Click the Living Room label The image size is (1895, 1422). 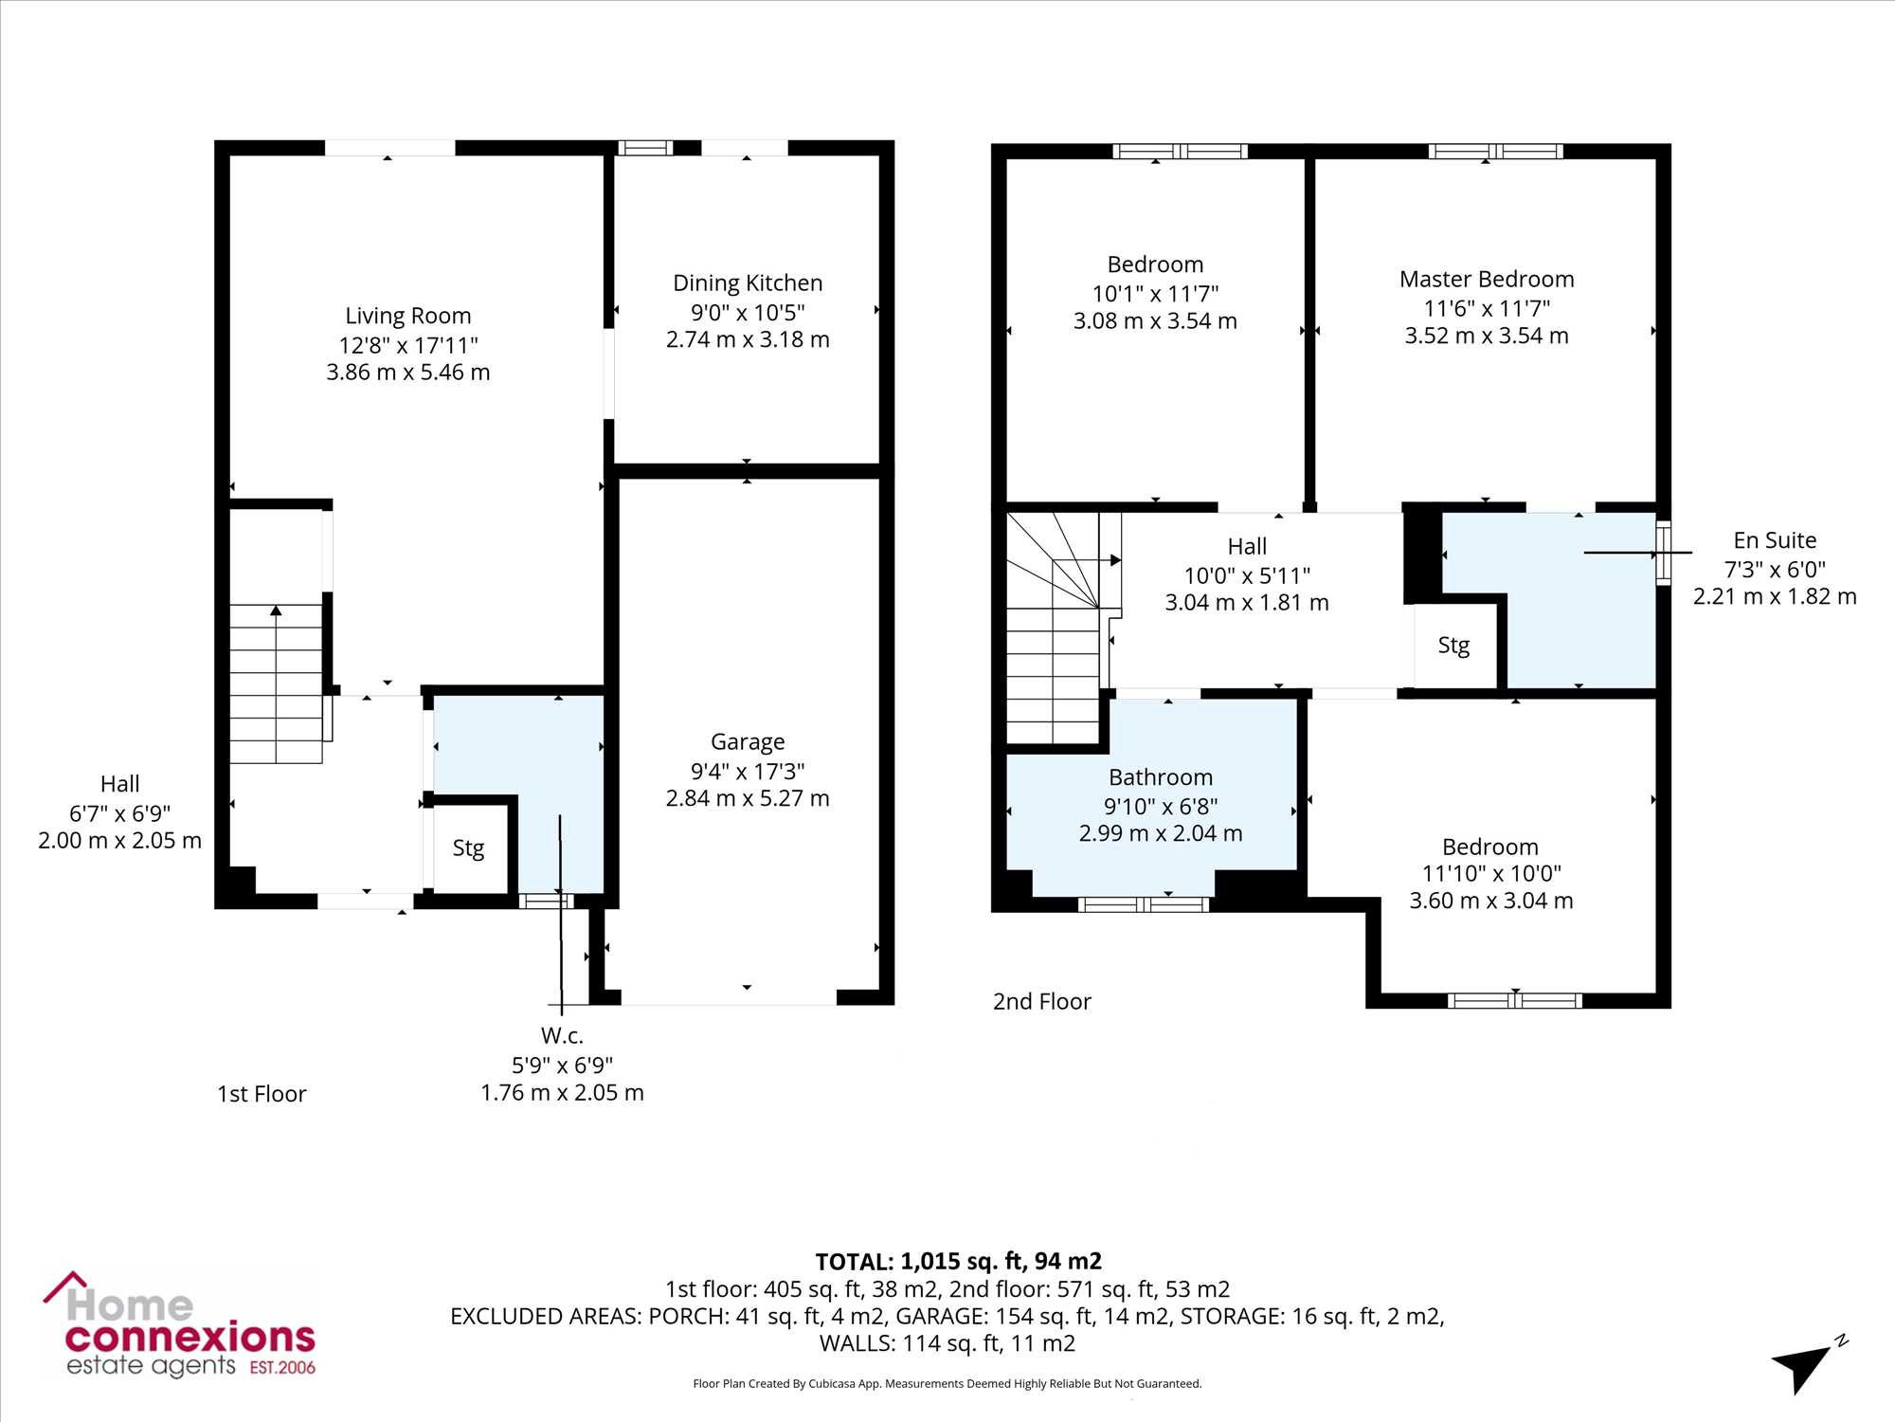407,316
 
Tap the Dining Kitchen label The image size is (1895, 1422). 748,283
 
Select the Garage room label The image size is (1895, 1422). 748,742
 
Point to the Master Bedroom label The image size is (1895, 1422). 1487,280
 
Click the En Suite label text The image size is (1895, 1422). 1775,540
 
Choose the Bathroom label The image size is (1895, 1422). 1161,777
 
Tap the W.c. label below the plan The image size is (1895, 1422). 562,1036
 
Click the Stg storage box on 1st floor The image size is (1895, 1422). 468,848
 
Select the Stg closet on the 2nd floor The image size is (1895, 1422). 1454,646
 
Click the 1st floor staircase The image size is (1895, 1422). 276,684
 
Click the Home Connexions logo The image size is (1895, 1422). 180,1324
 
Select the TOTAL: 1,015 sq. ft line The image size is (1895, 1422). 959,1262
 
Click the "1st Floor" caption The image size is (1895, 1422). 262,1094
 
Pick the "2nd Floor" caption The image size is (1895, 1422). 1041,1002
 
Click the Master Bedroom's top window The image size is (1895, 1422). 1496,151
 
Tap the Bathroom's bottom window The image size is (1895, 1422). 1144,904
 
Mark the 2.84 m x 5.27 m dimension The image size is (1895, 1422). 748,798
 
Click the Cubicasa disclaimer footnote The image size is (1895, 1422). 947,1384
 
